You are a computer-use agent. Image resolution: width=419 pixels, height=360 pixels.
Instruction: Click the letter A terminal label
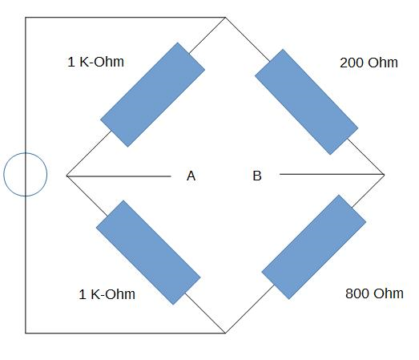[x=191, y=176]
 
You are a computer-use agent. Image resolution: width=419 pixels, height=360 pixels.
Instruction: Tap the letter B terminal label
[x=257, y=176]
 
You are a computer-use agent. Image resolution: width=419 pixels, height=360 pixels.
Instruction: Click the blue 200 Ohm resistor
[x=307, y=102]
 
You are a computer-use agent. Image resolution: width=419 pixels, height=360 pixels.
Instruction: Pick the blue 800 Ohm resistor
[x=314, y=247]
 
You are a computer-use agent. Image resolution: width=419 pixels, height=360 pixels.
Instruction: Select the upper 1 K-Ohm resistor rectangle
[x=152, y=95]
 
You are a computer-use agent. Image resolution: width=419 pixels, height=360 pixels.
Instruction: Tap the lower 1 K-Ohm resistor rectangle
[x=148, y=253]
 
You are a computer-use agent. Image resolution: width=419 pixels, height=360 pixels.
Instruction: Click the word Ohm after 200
[x=383, y=63]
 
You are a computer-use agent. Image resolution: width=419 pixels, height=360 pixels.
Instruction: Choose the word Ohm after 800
[x=389, y=293]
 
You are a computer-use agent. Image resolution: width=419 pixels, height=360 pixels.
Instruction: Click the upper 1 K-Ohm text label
[x=96, y=62]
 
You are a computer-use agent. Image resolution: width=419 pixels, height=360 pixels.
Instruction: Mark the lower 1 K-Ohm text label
[x=107, y=294]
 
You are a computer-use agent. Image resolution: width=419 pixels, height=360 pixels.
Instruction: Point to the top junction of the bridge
[x=226, y=18]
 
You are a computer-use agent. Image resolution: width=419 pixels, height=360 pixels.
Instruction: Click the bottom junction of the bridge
[x=226, y=334]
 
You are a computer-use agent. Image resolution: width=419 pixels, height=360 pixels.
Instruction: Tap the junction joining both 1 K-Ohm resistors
[x=66, y=176]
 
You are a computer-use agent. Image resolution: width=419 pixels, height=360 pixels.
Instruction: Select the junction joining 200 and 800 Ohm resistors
[x=385, y=175]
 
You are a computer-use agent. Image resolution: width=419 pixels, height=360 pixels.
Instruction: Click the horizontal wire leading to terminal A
[x=119, y=176]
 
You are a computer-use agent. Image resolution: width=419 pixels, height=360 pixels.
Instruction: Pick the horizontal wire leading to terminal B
[x=332, y=174]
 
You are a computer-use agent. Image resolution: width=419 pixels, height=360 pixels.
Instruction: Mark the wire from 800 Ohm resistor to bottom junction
[x=250, y=309]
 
